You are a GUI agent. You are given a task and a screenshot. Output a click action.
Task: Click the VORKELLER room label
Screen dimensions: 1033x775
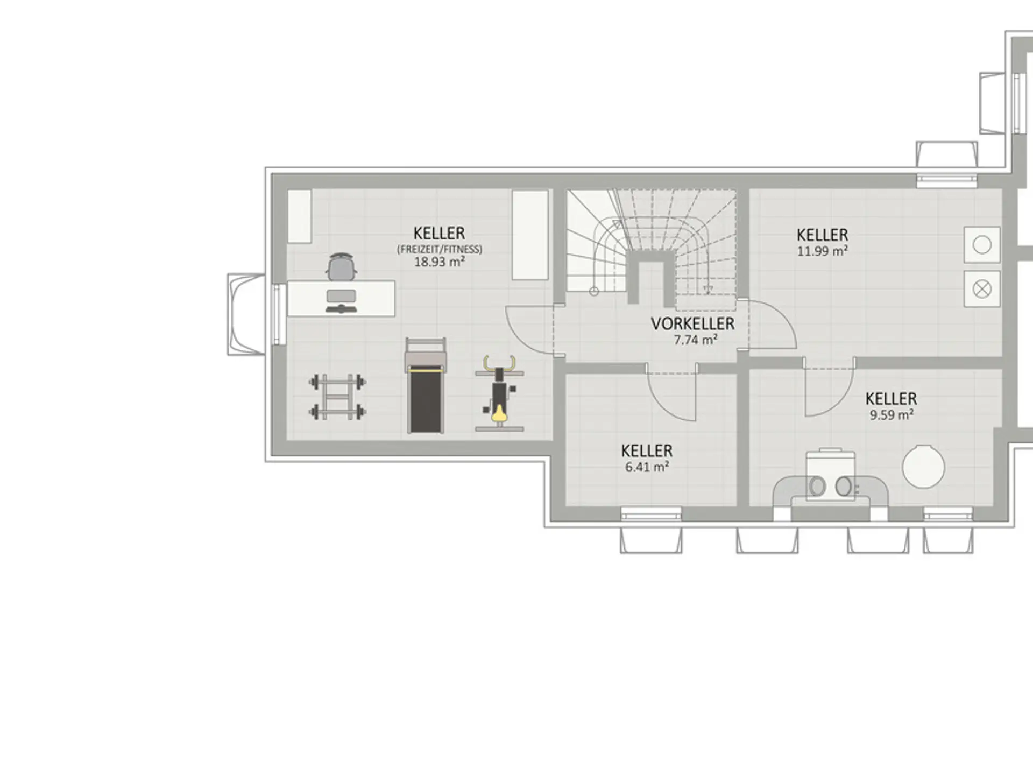(692, 323)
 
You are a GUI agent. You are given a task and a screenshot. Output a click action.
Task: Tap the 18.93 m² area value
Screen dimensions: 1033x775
(440, 262)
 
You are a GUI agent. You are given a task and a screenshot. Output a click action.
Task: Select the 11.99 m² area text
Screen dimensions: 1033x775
(823, 251)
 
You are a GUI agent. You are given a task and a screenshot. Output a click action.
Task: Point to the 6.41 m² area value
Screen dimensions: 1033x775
(647, 467)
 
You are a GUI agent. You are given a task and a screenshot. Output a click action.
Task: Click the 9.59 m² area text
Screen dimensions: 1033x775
(892, 415)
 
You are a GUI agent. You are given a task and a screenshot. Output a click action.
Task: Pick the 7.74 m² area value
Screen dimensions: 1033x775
(696, 340)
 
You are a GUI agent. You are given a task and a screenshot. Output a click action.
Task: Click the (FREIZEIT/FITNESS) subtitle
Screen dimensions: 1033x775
(440, 249)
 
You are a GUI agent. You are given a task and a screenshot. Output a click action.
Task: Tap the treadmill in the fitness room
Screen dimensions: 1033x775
(426, 385)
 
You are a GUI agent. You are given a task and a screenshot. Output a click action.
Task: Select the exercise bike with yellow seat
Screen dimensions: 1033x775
(500, 393)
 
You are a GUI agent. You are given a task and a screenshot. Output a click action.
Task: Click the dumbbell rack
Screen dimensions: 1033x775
(337, 397)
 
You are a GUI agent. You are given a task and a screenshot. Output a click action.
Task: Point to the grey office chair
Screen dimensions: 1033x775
(341, 266)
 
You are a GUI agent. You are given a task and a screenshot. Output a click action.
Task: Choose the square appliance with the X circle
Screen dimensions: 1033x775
(982, 290)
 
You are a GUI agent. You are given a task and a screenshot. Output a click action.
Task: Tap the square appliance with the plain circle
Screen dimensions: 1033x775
(982, 245)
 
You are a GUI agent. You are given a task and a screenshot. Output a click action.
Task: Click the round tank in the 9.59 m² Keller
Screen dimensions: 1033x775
(923, 467)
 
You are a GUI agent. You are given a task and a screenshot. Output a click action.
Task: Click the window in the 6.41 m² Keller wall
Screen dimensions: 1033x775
(651, 514)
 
